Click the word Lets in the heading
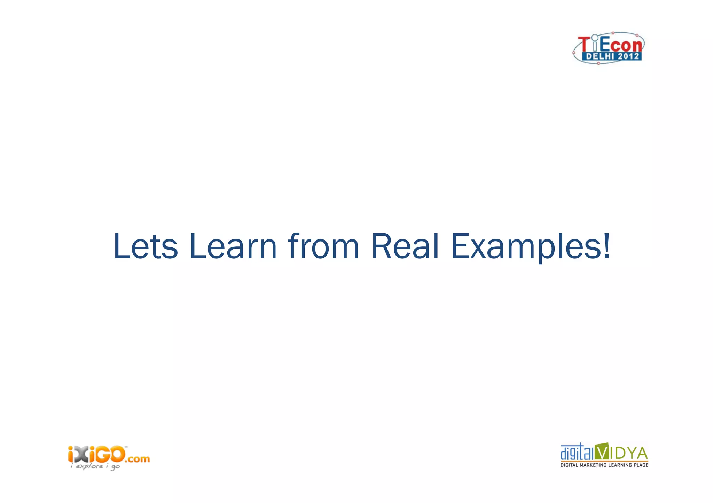click(x=146, y=246)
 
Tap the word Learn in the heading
click(x=233, y=246)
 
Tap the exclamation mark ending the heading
click(x=606, y=246)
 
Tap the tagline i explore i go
click(x=95, y=466)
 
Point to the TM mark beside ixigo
click(x=126, y=447)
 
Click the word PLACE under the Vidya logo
click(x=641, y=465)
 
